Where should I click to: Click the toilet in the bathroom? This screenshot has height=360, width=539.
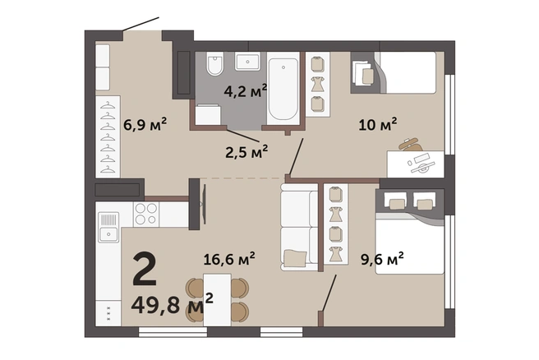click(215, 64)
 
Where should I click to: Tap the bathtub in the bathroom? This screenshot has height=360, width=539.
click(283, 89)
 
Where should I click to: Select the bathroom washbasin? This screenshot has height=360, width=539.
click(247, 62)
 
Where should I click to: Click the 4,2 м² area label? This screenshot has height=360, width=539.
click(245, 90)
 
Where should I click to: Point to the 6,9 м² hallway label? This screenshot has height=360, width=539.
click(145, 124)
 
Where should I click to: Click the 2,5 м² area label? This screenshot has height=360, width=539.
click(246, 151)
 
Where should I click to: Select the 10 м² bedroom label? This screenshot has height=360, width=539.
click(377, 124)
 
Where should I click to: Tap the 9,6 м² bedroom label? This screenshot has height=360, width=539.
click(382, 259)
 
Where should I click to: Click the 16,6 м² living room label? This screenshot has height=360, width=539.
click(229, 259)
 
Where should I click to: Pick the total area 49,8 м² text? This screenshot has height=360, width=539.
click(173, 303)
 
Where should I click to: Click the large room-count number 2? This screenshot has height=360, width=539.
click(145, 269)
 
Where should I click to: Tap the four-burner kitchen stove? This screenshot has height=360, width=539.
click(146, 215)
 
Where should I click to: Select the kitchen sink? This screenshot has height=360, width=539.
click(108, 227)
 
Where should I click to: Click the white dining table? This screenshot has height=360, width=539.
click(217, 299)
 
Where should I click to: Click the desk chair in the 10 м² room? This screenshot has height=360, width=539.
click(411, 145)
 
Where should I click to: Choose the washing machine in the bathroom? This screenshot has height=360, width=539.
click(208, 114)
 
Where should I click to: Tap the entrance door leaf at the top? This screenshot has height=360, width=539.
click(141, 24)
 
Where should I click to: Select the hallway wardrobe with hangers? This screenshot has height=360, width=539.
click(108, 136)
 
